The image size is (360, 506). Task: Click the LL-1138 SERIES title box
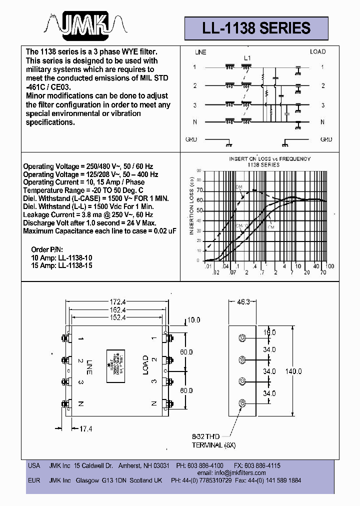point(256,28)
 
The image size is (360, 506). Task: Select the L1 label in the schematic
point(247,58)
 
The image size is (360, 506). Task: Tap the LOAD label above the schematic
point(317,51)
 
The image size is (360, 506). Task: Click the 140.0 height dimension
point(293,371)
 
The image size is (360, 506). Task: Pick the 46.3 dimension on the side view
point(242,302)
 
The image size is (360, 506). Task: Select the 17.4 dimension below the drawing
point(86,428)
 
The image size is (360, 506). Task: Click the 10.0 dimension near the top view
point(192,319)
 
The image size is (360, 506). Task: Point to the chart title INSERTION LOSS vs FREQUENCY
point(270,161)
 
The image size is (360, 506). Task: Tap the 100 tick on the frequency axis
point(329,266)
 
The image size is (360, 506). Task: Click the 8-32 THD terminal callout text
point(214,440)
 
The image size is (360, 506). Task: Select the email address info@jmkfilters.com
point(238,472)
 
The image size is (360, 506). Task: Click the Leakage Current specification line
point(85,214)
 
